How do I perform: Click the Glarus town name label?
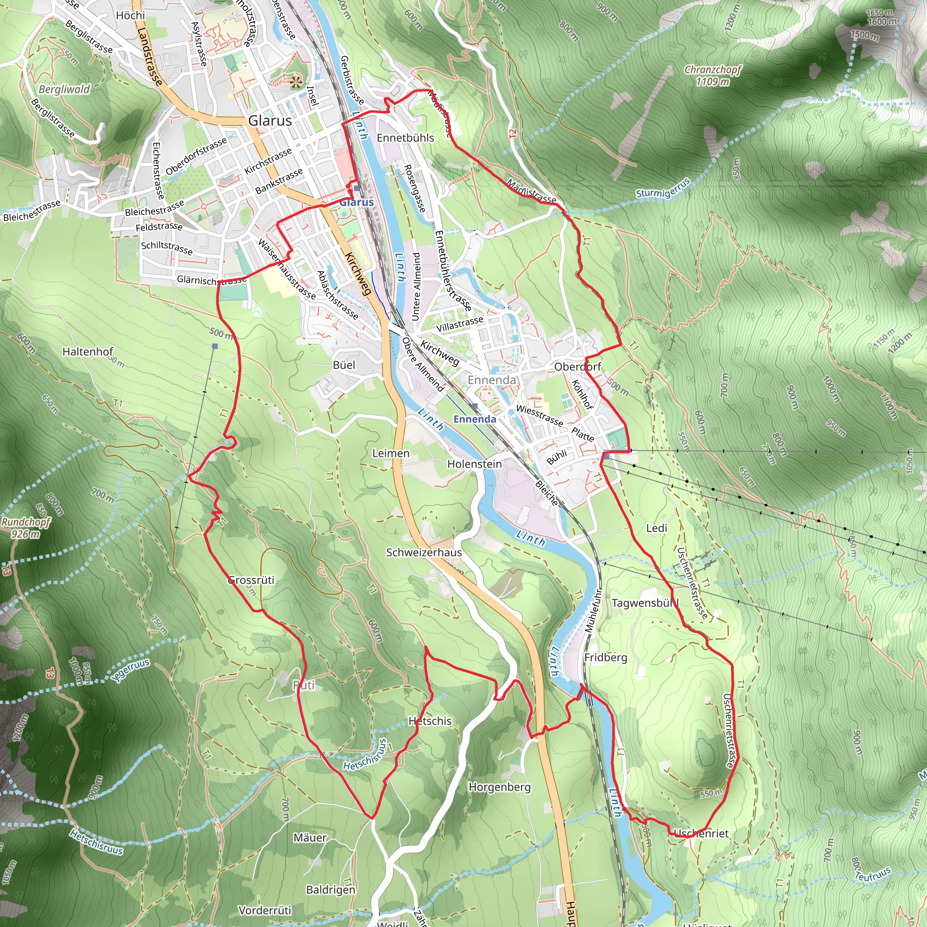pyautogui.click(x=270, y=120)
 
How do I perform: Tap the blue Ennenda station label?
pyautogui.click(x=474, y=419)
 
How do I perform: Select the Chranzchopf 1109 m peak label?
pyautogui.click(x=712, y=75)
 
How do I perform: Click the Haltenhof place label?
pyautogui.click(x=88, y=352)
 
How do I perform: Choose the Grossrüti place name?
pyautogui.click(x=251, y=580)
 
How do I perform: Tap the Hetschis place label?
pyautogui.click(x=430, y=721)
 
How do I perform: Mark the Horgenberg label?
pyautogui.click(x=500, y=787)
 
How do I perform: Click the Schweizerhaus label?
pyautogui.click(x=424, y=552)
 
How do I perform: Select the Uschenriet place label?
pyautogui.click(x=701, y=833)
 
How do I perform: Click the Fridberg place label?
pyautogui.click(x=606, y=657)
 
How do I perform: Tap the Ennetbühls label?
pyautogui.click(x=406, y=138)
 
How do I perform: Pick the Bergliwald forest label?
pyautogui.click(x=64, y=89)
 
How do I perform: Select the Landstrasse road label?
pyautogui.click(x=149, y=57)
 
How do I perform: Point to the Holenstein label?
pyautogui.click(x=474, y=464)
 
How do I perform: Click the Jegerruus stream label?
pyautogui.click(x=130, y=670)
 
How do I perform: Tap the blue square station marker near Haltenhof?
pyautogui.click(x=215, y=346)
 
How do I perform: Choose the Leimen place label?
pyautogui.click(x=391, y=454)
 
